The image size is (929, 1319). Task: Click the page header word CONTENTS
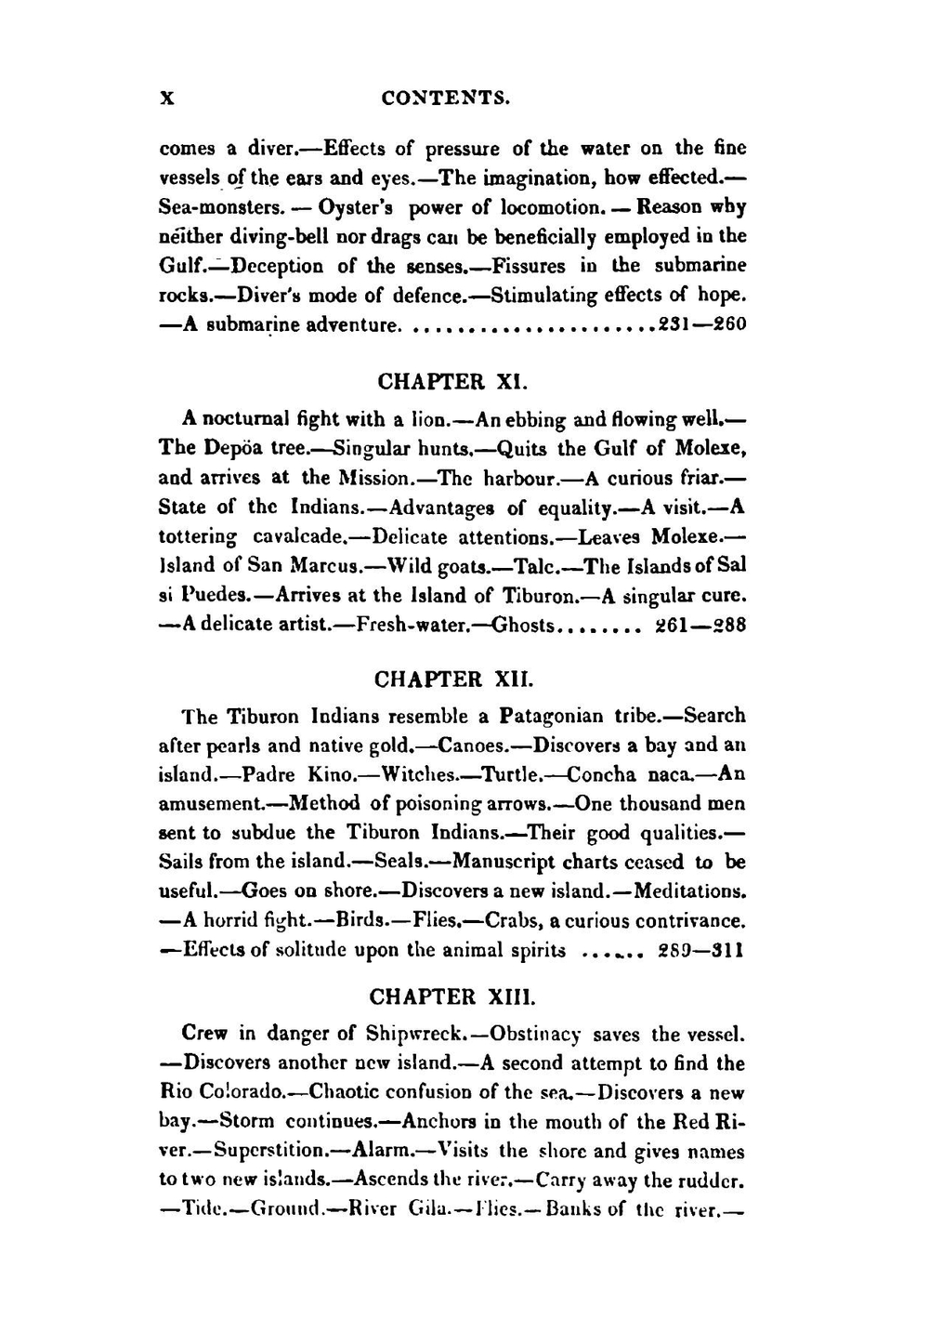click(446, 98)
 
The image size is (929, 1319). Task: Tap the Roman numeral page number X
click(168, 98)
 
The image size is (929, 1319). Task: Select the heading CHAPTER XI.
click(452, 382)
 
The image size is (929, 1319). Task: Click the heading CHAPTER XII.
click(453, 679)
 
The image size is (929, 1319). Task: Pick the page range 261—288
click(701, 625)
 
